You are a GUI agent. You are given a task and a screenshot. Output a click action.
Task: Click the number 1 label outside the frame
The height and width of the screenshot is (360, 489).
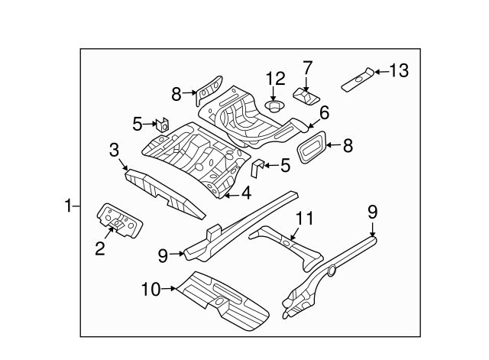point(68,206)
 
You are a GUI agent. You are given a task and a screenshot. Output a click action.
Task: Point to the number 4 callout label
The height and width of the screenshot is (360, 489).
point(246,193)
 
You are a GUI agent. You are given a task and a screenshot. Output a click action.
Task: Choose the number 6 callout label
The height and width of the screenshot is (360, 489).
point(324,113)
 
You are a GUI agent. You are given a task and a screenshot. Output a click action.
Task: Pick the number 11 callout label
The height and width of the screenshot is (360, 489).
point(305,219)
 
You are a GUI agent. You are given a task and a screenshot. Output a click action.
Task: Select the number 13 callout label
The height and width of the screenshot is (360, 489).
point(399,71)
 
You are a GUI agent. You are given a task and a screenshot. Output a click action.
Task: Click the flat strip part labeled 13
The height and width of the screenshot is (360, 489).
point(357,79)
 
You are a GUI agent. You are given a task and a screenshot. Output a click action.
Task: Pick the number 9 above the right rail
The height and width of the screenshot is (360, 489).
point(373,212)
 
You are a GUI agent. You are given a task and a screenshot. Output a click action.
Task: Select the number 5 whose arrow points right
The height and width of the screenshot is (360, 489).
point(138,122)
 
